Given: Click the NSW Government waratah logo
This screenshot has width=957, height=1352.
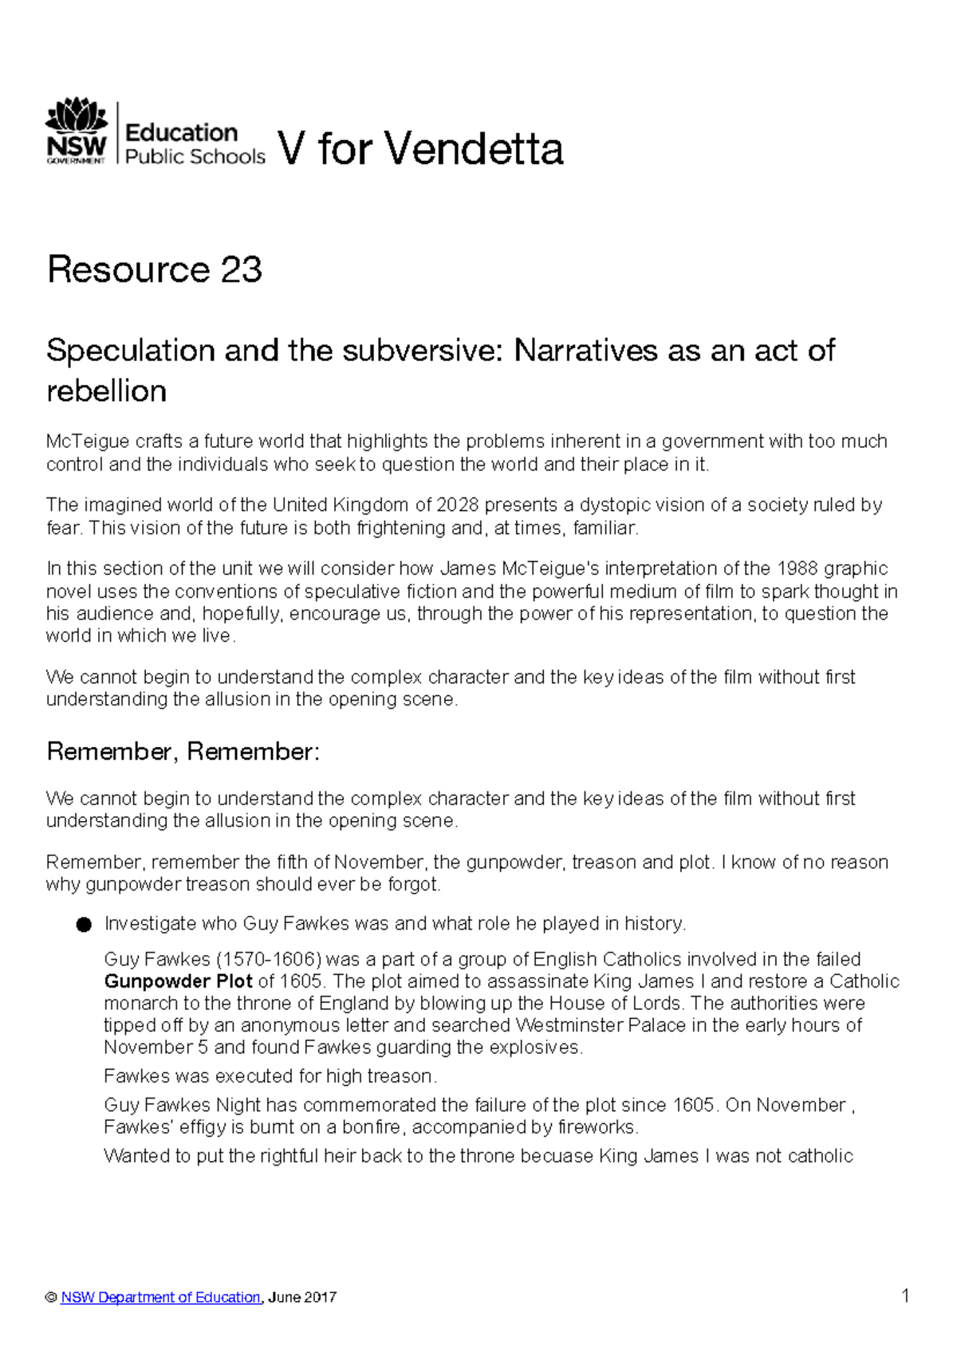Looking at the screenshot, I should [x=77, y=131].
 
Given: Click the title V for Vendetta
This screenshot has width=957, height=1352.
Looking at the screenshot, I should [x=420, y=149].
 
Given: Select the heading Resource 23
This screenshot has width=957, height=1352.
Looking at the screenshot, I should [x=155, y=269].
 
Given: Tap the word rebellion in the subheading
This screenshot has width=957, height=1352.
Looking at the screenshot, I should [x=107, y=391].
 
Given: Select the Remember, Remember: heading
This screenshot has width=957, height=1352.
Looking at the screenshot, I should [x=183, y=751].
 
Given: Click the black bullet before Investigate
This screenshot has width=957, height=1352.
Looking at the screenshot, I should [x=84, y=925].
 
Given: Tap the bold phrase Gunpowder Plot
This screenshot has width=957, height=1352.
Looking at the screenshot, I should [x=178, y=981].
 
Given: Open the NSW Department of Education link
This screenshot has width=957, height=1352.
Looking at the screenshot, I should [x=160, y=1297].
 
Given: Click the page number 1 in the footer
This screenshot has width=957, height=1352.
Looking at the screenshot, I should [x=905, y=1295].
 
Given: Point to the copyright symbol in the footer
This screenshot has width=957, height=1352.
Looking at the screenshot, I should [x=52, y=1298].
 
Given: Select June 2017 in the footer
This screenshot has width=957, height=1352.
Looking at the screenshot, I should [x=302, y=1297].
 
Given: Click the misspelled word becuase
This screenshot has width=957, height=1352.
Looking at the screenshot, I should [x=549, y=1156].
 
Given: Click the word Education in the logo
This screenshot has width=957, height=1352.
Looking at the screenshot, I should [x=182, y=132].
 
